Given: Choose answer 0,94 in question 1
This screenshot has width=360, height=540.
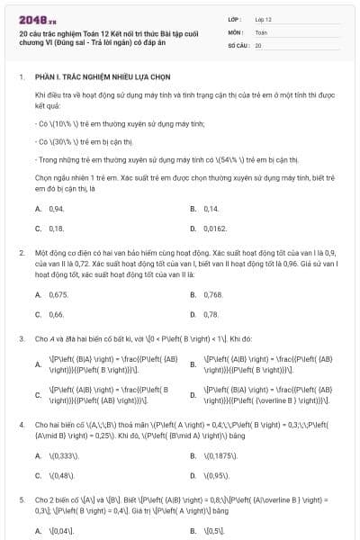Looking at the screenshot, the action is (57, 208).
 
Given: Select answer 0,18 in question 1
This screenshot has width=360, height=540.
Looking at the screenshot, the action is (56, 229).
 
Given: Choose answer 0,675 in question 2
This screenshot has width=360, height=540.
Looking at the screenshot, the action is (58, 294).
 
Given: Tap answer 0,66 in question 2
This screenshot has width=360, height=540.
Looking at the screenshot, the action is (56, 315).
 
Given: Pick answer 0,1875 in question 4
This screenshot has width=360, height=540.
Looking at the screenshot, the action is (220, 455).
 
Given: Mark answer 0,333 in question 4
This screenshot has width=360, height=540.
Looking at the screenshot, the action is (61, 455).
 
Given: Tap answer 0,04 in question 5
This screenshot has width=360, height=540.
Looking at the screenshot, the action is (59, 531).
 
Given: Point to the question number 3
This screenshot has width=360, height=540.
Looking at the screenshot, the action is (21, 338).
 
